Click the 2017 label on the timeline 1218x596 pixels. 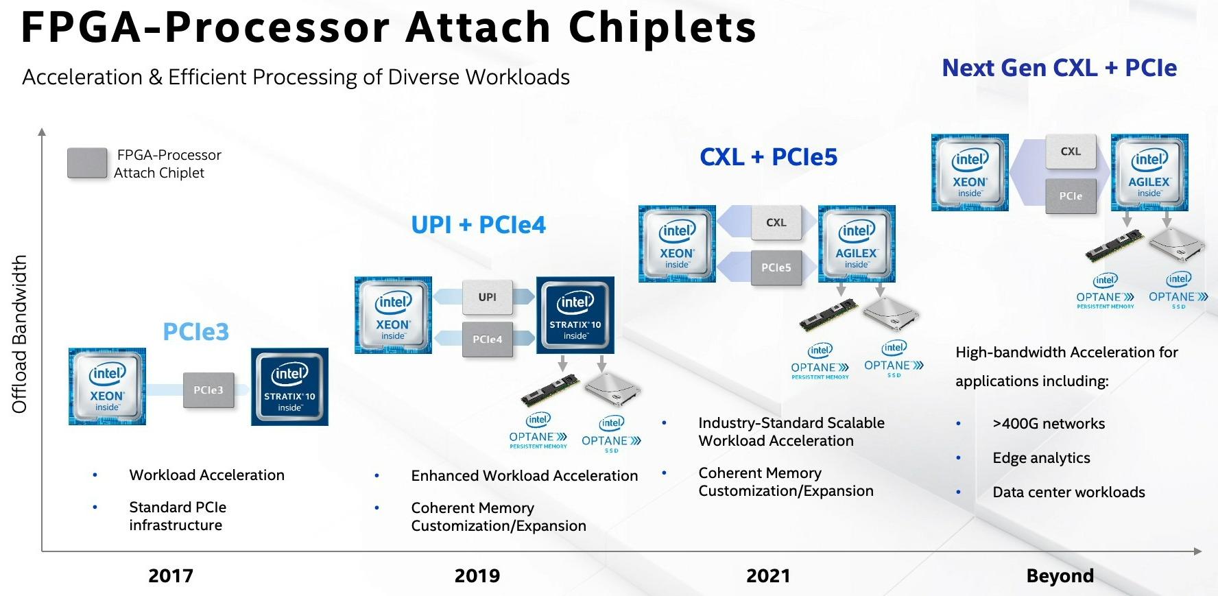[171, 575]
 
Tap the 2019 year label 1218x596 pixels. [477, 575]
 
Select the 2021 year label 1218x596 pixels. [768, 575]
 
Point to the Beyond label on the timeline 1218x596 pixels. [1060, 575]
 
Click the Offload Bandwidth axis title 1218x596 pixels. [20, 334]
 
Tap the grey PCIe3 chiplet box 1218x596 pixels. [208, 390]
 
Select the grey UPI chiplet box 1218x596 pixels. [488, 297]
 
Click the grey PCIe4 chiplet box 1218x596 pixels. [488, 339]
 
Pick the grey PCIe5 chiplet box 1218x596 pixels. [776, 267]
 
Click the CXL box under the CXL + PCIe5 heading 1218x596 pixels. [776, 223]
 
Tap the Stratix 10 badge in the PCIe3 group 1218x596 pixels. [289, 387]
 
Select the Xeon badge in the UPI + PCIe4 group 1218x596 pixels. [393, 315]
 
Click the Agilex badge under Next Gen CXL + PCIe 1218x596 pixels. [1149, 173]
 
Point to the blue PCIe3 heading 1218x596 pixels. [196, 332]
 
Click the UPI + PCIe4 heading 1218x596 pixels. [478, 225]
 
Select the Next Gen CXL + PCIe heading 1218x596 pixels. [1059, 68]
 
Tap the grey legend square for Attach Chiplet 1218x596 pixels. [87, 163]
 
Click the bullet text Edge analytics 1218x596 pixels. [1041, 458]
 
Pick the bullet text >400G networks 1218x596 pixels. [1049, 424]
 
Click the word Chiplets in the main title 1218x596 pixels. [662, 27]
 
